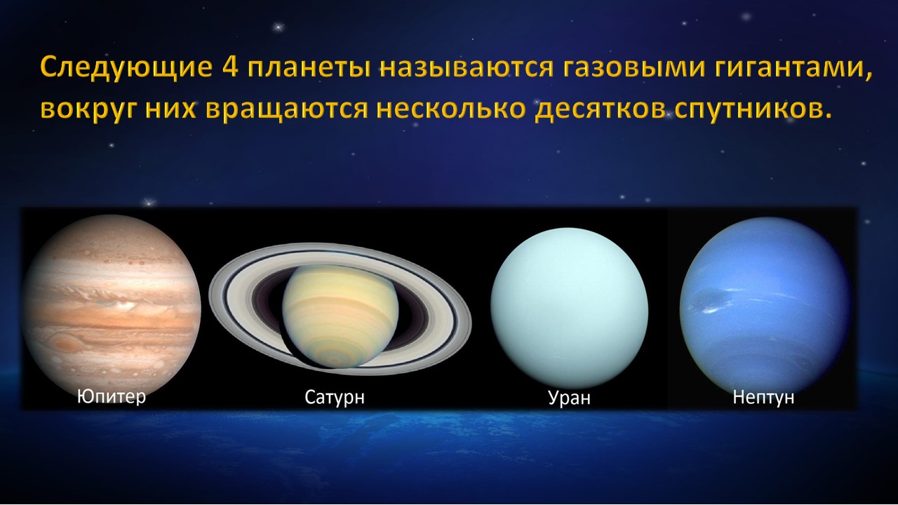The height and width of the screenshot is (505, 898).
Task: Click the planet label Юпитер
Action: pos(112,397)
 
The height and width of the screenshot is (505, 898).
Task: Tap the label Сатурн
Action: pos(335,398)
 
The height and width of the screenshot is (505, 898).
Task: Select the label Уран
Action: pos(569,398)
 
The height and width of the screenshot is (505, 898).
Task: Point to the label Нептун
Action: pos(764,397)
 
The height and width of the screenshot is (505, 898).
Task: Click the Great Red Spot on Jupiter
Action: pos(65,344)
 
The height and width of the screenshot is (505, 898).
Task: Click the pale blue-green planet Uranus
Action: pos(569,308)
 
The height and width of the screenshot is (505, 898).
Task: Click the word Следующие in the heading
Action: pos(126,67)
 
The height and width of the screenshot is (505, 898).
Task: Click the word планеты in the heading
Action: pos(309,67)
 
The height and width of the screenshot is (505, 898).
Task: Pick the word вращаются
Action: pos(287,109)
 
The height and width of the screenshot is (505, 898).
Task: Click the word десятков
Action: pos(599,110)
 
